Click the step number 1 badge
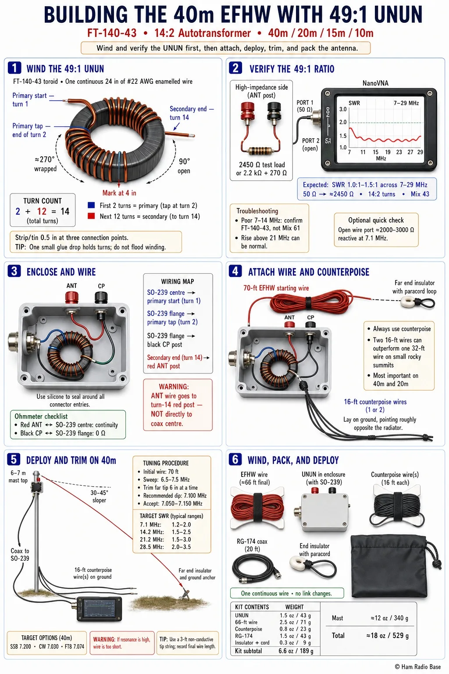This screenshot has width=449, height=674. coord(14,68)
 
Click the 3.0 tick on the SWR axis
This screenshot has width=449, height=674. coord(343,109)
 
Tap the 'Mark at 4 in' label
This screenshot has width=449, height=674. coord(119,193)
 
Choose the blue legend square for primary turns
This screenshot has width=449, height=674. coord(91,205)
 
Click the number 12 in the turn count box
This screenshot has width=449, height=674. coord(42,211)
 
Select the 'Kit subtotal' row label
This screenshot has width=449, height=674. coord(249,651)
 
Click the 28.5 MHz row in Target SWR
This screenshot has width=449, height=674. coord(165,547)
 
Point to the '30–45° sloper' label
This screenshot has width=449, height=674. coord(99,496)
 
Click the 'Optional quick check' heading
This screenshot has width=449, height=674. coord(376,220)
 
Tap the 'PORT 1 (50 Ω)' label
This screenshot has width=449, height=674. coord(305,106)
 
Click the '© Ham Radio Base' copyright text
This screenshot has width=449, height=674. coord(418,667)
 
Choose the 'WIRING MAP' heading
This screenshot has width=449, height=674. coord(178,281)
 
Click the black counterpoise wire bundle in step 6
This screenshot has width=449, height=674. coord(397,509)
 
